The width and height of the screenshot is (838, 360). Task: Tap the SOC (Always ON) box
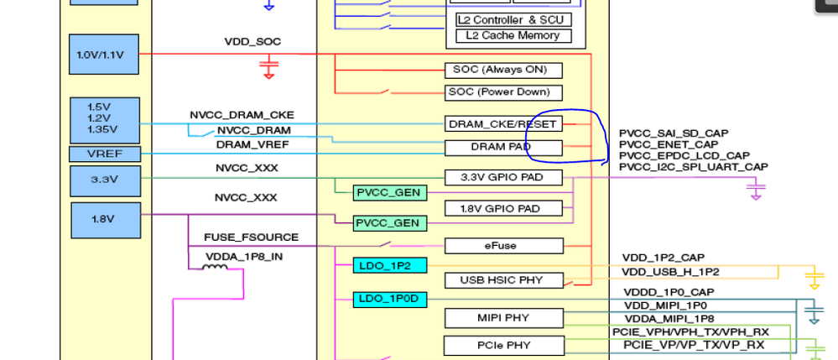coord(503,70)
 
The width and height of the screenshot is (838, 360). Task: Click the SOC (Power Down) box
coord(503,92)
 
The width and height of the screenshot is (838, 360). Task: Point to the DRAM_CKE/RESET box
coord(503,124)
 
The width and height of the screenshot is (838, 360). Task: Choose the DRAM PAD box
coord(503,148)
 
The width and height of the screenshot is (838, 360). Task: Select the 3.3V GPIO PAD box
coord(503,178)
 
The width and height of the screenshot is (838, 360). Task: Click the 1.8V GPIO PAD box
coord(503,208)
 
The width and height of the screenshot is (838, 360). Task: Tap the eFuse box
coord(503,246)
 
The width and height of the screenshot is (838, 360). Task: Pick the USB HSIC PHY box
coord(503,280)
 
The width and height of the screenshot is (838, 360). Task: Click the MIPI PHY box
coord(503,318)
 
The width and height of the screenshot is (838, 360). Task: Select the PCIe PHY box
coord(503,345)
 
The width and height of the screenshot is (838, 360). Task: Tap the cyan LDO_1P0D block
coord(390,299)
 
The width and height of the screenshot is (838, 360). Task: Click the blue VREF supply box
coord(103,154)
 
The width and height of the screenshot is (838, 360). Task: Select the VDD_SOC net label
coord(252,41)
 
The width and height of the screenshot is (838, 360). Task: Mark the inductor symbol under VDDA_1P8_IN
coord(214,268)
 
